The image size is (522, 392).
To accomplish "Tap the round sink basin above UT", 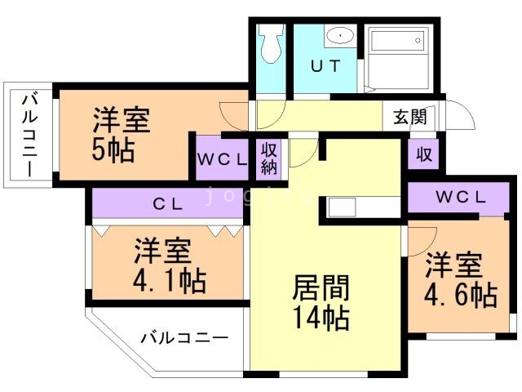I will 338,37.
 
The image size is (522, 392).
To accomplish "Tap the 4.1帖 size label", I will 169,280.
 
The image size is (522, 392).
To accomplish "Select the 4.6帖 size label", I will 460,294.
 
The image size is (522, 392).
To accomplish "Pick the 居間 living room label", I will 321,288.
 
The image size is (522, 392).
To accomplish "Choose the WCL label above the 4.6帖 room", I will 460,197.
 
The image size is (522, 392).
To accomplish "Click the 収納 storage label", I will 269,159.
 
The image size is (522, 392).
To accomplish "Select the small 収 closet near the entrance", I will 423,154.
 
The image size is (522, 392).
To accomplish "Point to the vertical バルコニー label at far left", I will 29,135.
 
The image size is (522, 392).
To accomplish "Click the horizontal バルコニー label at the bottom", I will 184,336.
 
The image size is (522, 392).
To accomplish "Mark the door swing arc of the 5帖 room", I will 235,114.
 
